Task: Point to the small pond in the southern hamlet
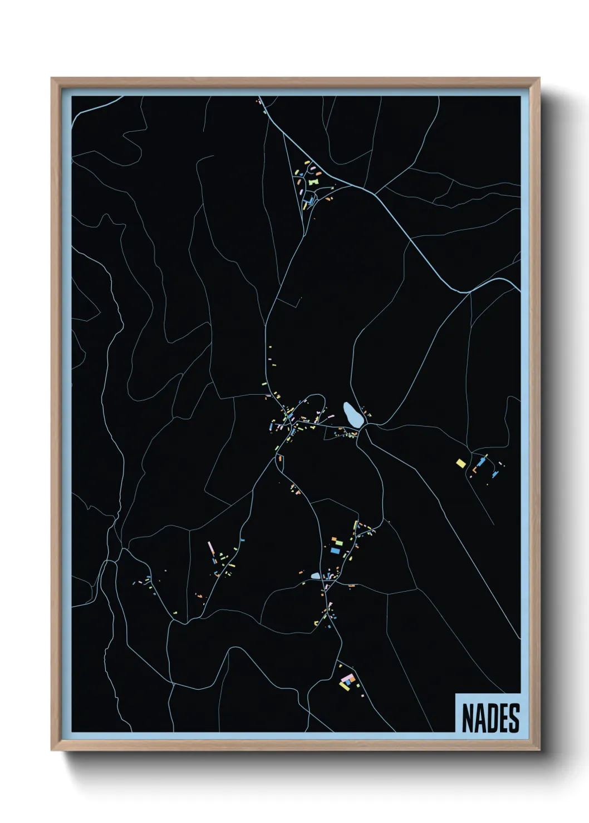pos(315,576)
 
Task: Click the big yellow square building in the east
pos(461,463)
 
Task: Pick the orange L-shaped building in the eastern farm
pos(475,470)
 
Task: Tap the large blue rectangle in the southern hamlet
pos(335,550)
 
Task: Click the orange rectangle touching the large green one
pos(333,539)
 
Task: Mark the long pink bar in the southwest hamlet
pos(211,548)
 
